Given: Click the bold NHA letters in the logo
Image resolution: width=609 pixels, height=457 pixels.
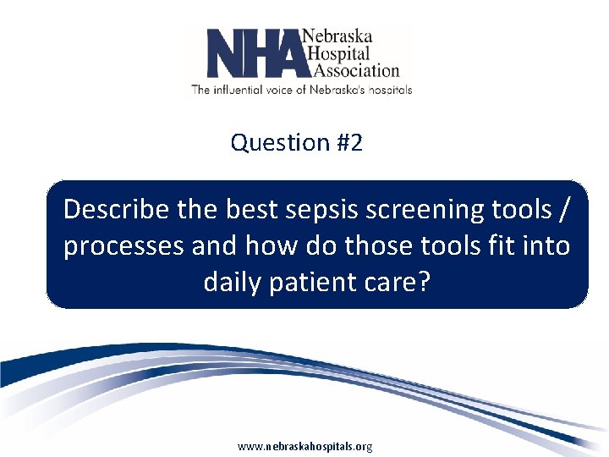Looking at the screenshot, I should (253, 52).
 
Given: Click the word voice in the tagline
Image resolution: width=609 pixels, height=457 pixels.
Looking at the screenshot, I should (286, 88).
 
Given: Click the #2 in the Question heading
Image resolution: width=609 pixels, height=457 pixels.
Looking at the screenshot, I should (348, 142).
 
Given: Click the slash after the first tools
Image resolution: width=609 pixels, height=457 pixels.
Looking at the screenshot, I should (561, 208).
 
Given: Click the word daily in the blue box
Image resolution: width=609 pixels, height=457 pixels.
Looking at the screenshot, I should (233, 282).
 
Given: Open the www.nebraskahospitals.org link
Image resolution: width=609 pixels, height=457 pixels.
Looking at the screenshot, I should (304, 446).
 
